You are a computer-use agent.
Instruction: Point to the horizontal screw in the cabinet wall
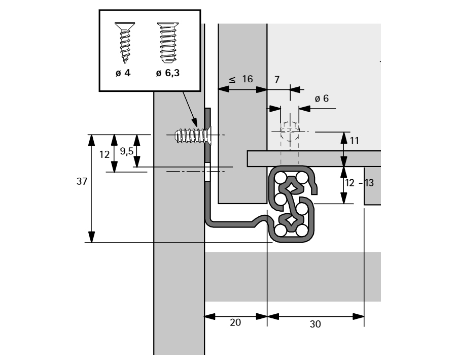191,136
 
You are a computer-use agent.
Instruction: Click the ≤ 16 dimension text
241,79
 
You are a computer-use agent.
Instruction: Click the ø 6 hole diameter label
322,99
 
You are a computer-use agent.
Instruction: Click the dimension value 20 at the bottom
235,323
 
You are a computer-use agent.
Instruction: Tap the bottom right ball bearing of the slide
302,231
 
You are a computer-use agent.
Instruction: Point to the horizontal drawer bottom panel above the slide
314,158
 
